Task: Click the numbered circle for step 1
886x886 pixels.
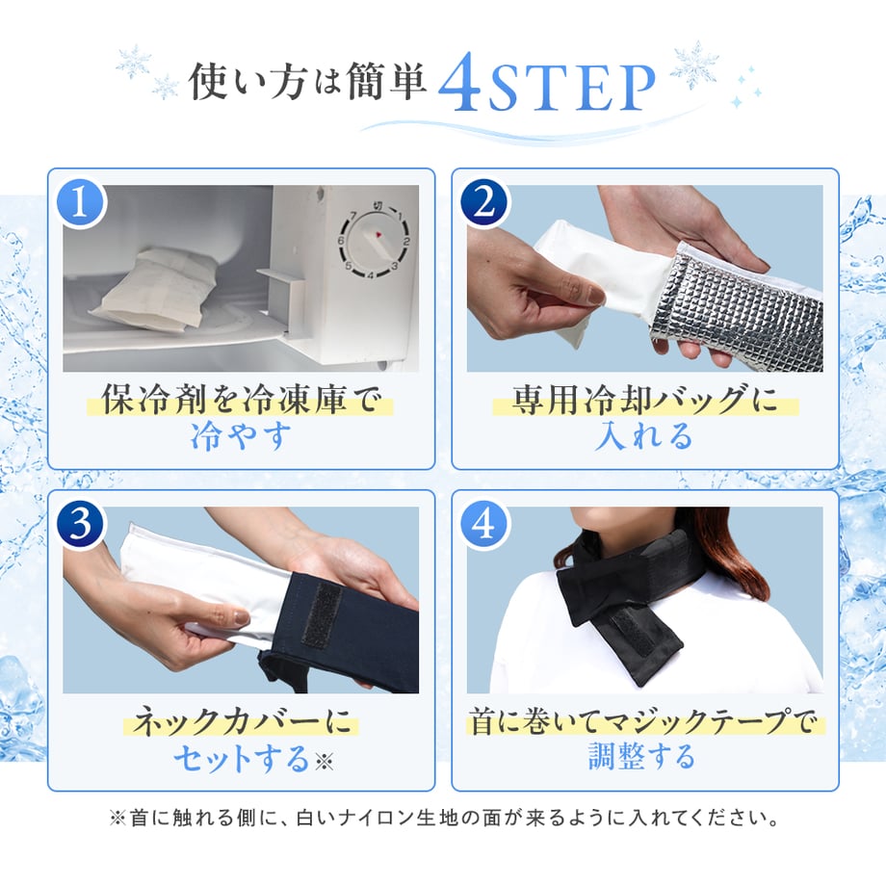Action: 82,204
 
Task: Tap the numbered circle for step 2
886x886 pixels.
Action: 485,204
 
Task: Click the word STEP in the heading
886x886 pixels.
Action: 571,88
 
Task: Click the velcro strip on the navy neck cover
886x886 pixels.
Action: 322,614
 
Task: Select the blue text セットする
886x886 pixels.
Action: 242,757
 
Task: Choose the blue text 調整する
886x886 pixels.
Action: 642,756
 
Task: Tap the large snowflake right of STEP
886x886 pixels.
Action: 695,64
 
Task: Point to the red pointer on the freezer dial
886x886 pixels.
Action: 378,234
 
